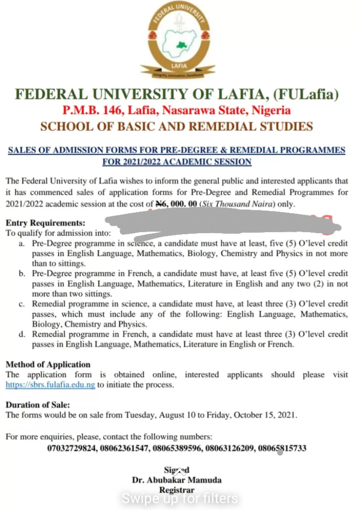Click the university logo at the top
coord(180,43)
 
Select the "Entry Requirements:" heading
coord(45,223)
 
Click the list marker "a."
coord(21,243)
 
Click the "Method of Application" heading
coord(48,364)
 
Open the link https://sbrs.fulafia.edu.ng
coord(50,385)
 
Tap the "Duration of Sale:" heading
coord(38,405)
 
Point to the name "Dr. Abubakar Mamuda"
coord(176,480)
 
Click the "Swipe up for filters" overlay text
coord(180,498)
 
